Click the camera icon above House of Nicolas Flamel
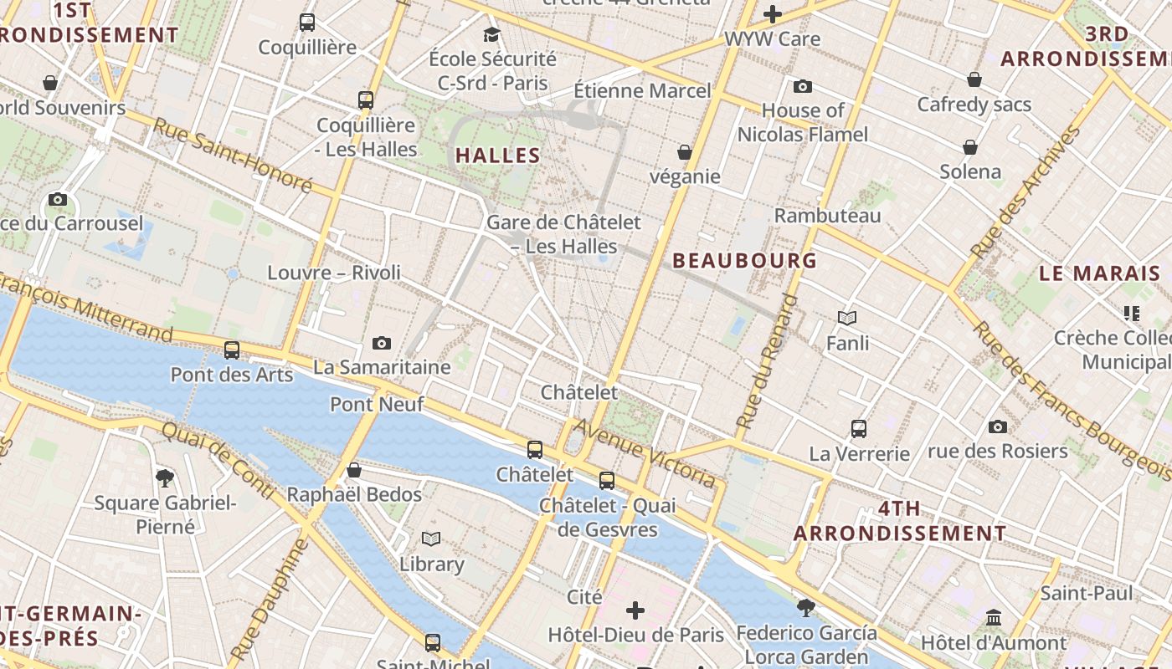[802, 86]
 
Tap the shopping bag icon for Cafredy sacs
[974, 79]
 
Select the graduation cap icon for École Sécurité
[491, 34]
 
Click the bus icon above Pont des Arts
[232, 350]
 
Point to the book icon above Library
[431, 539]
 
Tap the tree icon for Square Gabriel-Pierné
[165, 478]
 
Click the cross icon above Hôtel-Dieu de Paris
[635, 610]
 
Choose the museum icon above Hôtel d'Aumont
[994, 618]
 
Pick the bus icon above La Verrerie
[858, 429]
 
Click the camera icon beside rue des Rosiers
[997, 426]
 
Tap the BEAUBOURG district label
[745, 261]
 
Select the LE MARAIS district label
[1099, 273]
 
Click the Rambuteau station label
[827, 216]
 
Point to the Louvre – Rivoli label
[334, 273]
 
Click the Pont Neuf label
[377, 405]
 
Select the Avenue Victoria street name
[645, 455]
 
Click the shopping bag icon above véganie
[684, 152]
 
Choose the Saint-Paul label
[1086, 594]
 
